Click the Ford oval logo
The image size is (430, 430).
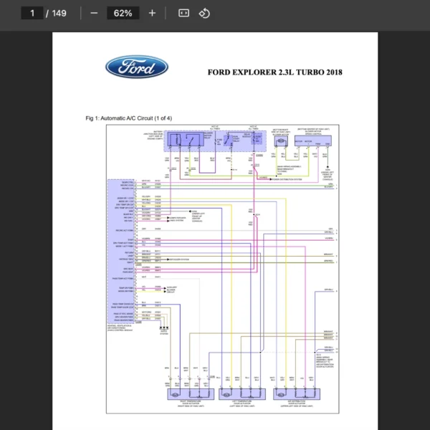137,68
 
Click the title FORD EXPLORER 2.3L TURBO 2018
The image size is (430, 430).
274,72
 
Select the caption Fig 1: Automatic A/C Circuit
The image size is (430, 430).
128,118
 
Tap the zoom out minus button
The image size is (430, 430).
94,13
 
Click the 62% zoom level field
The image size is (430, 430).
123,13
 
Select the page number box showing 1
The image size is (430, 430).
32,13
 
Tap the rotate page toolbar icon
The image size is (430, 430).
204,13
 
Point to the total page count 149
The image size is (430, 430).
59,13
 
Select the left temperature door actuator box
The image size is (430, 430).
237,393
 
